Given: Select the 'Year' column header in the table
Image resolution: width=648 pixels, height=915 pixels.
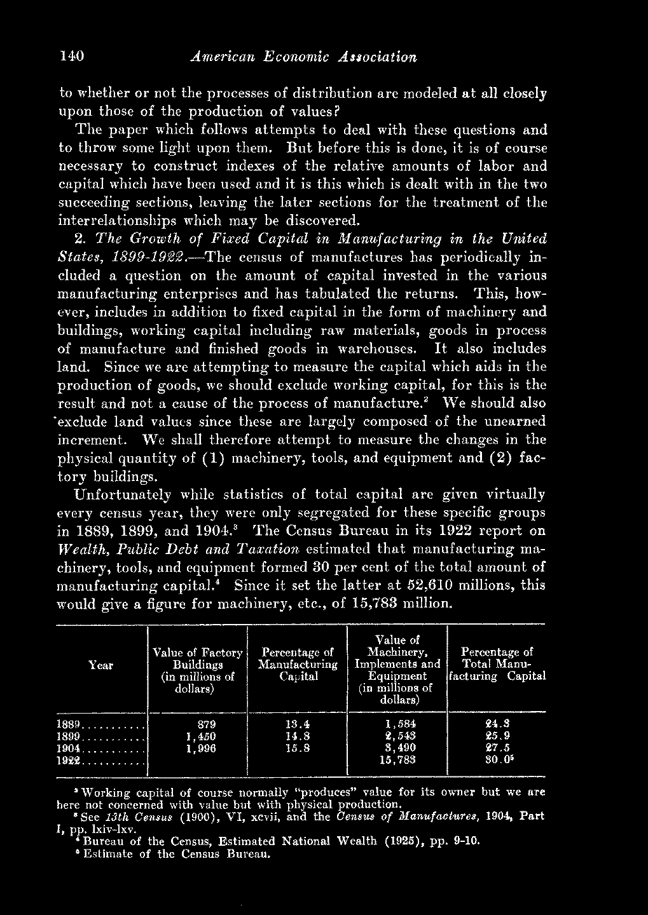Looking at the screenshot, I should click(101, 665).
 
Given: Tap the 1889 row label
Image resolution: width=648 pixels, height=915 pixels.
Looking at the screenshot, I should click(68, 724).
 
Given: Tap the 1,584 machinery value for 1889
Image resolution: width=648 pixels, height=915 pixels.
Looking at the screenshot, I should click(401, 724).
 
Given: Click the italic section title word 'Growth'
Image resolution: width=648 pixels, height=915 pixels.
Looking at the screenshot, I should click(144, 240).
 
